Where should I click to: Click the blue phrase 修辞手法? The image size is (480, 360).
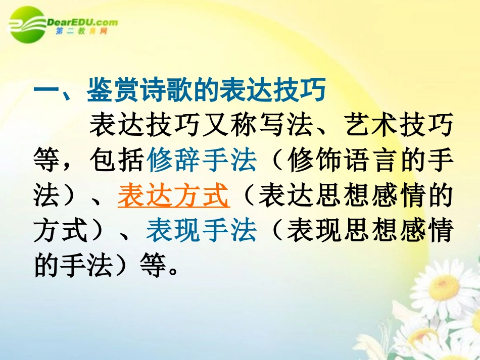(202, 161)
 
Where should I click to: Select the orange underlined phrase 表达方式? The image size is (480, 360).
(174, 196)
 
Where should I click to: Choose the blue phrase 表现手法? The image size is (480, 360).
(202, 232)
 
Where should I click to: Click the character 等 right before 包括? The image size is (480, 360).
(48, 161)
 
